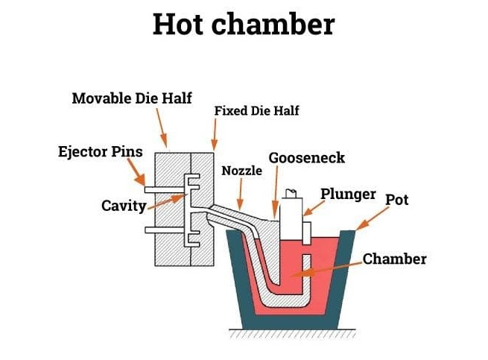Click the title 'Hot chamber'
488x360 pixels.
click(x=243, y=24)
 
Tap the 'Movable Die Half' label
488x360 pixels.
click(x=131, y=98)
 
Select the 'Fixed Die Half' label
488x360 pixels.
click(x=256, y=111)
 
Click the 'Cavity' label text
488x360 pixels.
click(x=123, y=205)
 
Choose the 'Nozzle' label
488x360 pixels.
click(x=242, y=171)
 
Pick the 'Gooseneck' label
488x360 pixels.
click(x=306, y=158)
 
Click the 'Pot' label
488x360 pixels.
click(x=396, y=200)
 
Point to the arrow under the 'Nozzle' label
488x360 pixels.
click(x=239, y=195)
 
